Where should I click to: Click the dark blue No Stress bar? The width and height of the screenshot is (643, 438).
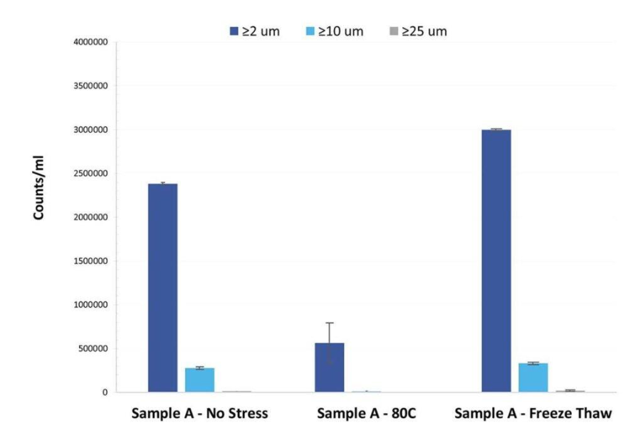click(162, 288)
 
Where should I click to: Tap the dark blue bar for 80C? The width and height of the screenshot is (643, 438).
click(330, 367)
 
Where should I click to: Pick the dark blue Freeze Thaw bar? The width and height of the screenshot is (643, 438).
click(496, 261)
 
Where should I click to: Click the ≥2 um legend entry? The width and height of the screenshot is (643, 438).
click(255, 31)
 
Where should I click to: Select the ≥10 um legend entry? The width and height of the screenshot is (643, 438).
click(338, 31)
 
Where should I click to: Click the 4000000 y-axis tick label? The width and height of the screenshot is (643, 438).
click(90, 42)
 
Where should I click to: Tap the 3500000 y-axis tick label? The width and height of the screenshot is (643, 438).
click(90, 86)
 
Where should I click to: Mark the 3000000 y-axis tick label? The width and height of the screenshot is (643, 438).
click(90, 130)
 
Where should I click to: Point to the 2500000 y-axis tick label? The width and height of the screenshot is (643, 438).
click(90, 174)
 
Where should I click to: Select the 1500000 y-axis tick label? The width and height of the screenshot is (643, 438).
click(90, 261)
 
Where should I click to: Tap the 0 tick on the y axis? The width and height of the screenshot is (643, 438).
click(105, 392)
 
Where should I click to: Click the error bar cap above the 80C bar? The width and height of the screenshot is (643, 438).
click(330, 323)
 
